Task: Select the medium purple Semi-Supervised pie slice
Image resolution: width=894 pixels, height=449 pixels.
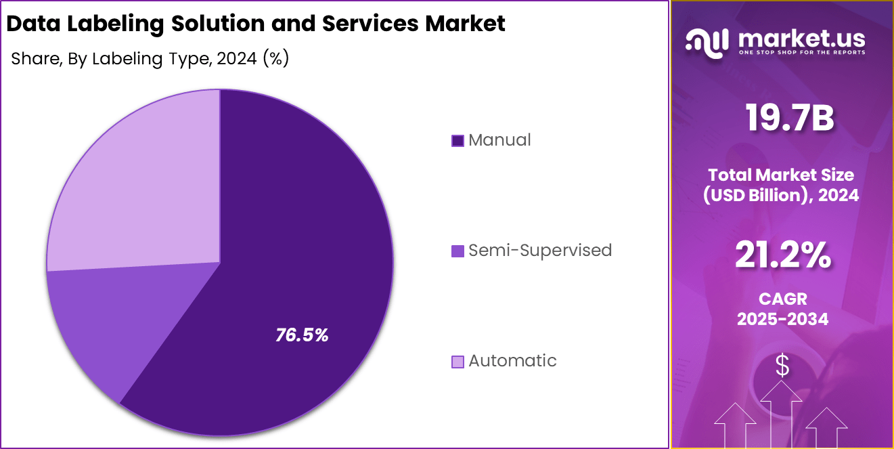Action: coord(102,325)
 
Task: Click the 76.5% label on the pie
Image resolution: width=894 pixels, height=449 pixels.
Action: coord(302,335)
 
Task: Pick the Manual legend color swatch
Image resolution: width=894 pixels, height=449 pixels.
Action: coord(457,141)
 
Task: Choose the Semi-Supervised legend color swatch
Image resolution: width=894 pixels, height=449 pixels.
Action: coord(457,251)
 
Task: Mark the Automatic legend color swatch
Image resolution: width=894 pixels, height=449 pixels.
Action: coord(457,362)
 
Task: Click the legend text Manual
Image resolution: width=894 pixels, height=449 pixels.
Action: coord(499,140)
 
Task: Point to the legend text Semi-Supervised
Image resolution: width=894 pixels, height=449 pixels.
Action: coord(540,251)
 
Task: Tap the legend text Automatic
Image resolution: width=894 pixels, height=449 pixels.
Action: coord(512,361)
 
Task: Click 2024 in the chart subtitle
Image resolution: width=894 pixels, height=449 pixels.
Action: coord(238,59)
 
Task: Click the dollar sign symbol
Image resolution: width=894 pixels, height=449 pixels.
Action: coord(782,366)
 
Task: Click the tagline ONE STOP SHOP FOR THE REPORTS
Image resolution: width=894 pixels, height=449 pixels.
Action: coord(801,52)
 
